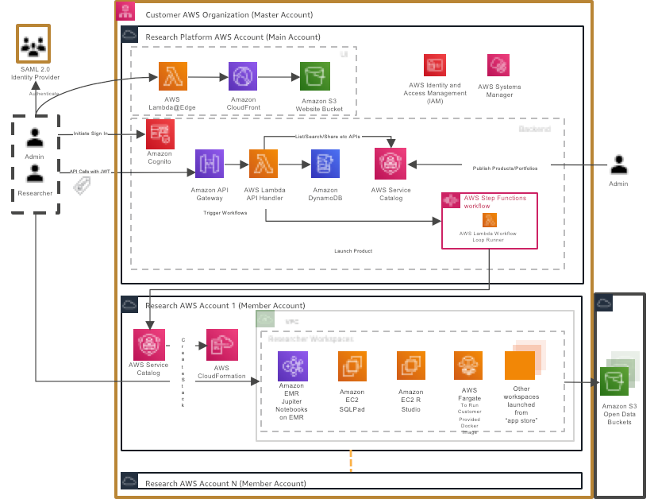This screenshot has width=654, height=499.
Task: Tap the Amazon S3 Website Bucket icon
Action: (x=314, y=77)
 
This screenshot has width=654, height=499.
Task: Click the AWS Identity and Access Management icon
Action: (x=434, y=65)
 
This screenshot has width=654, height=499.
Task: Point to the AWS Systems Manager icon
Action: (x=498, y=65)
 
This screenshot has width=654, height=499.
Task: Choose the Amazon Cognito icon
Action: (x=160, y=133)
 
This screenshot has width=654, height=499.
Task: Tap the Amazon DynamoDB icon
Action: (x=325, y=164)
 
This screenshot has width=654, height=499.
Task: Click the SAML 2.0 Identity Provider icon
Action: (x=33, y=47)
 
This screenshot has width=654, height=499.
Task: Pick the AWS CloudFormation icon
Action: (x=221, y=345)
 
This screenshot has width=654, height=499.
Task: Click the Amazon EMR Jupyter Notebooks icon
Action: (x=292, y=366)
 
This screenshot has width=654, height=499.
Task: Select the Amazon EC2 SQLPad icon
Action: (x=352, y=366)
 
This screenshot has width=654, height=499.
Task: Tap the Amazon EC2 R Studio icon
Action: (x=411, y=366)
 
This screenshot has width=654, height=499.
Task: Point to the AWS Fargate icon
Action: (x=469, y=366)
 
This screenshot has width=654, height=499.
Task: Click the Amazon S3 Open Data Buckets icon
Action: (x=617, y=381)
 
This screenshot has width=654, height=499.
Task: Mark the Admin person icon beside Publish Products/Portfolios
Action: (x=619, y=165)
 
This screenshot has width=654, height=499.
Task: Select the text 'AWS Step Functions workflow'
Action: (x=494, y=202)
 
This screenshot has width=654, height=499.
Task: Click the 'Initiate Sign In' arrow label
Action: (x=90, y=134)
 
